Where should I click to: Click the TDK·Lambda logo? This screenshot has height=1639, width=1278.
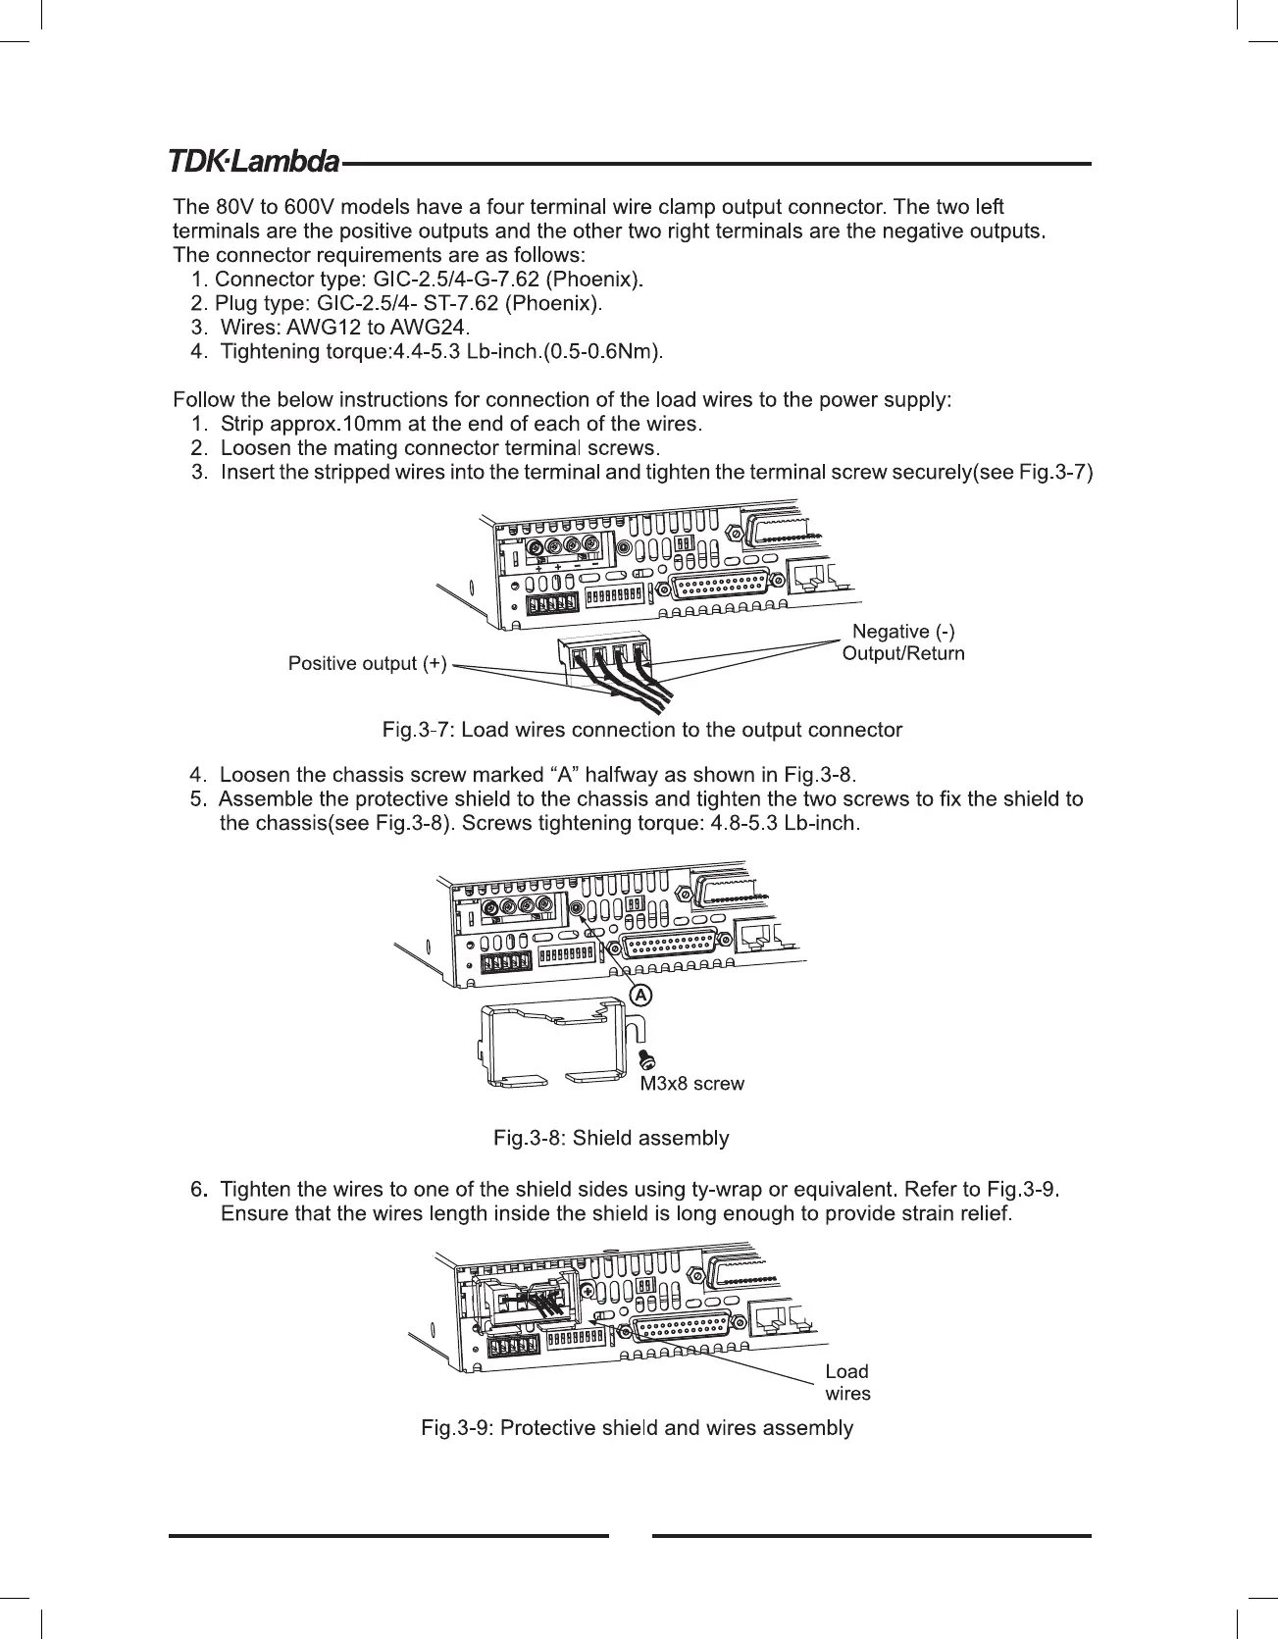(x=254, y=161)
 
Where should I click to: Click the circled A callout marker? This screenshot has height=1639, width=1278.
(x=639, y=995)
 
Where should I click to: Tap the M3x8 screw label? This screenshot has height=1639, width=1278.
(x=691, y=1084)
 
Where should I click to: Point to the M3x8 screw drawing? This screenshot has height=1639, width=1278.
(x=646, y=1059)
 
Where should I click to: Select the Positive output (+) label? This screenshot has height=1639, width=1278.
(x=367, y=664)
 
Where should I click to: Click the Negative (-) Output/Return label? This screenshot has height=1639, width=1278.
(x=903, y=641)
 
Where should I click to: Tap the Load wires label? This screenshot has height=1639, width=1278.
(x=847, y=1382)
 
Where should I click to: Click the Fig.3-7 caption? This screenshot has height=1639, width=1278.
(x=641, y=730)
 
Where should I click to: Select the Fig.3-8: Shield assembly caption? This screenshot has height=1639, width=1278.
(x=611, y=1138)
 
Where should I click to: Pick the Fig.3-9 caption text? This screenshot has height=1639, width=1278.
(x=637, y=1427)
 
